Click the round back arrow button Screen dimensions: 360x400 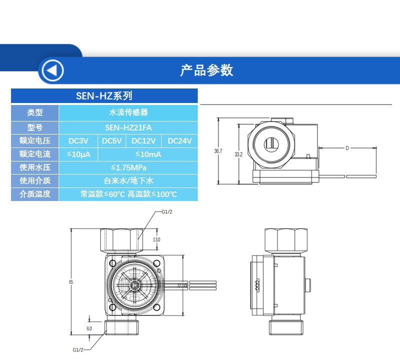52,70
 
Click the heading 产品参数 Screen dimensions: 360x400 206,70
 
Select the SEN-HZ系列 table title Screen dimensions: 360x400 104,96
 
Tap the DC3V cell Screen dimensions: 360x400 78,141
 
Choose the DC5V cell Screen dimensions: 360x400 112,141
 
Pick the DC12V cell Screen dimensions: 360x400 144,141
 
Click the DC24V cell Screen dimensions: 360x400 180,141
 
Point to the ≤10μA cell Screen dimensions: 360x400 78,154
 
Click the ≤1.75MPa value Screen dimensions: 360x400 129,167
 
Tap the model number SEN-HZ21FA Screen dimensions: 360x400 129,128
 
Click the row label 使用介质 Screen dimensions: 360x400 35,180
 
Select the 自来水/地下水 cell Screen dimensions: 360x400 129,180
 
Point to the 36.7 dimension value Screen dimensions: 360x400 218,150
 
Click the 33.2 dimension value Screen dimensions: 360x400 238,154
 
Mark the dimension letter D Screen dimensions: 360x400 347,148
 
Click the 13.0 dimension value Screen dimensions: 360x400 157,240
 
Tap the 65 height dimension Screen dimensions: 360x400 71,282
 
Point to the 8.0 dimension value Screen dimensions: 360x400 89,328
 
